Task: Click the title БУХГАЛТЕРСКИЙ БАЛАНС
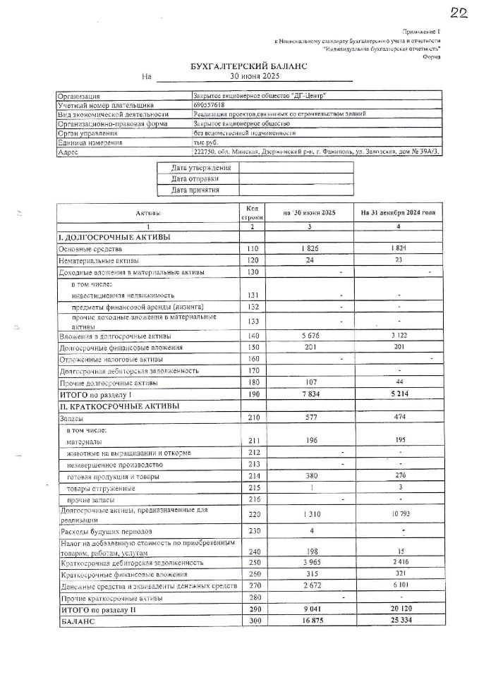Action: click(x=239, y=66)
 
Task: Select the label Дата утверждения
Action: click(x=201, y=168)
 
